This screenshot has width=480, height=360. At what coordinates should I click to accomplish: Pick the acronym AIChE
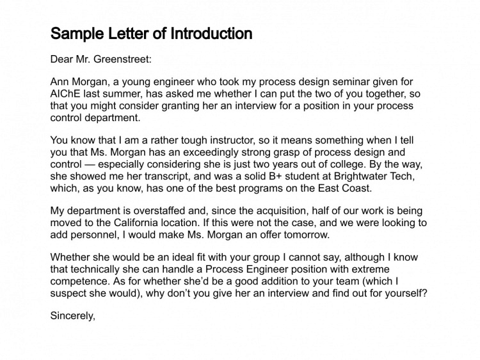pyautogui.click(x=65, y=94)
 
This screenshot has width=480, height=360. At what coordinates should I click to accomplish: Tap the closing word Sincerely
pyautogui.click(x=72, y=315)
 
